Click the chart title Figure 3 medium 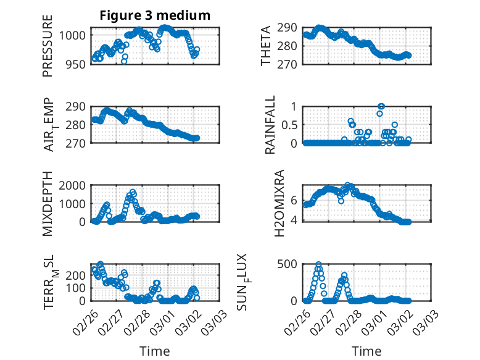[155, 15]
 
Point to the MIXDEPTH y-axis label [48, 204]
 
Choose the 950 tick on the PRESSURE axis [77, 64]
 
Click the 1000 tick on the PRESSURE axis [74, 35]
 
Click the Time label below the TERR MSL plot [155, 351]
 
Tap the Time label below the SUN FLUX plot [366, 351]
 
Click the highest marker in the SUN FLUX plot [318, 264]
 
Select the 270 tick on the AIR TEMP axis [77, 143]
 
